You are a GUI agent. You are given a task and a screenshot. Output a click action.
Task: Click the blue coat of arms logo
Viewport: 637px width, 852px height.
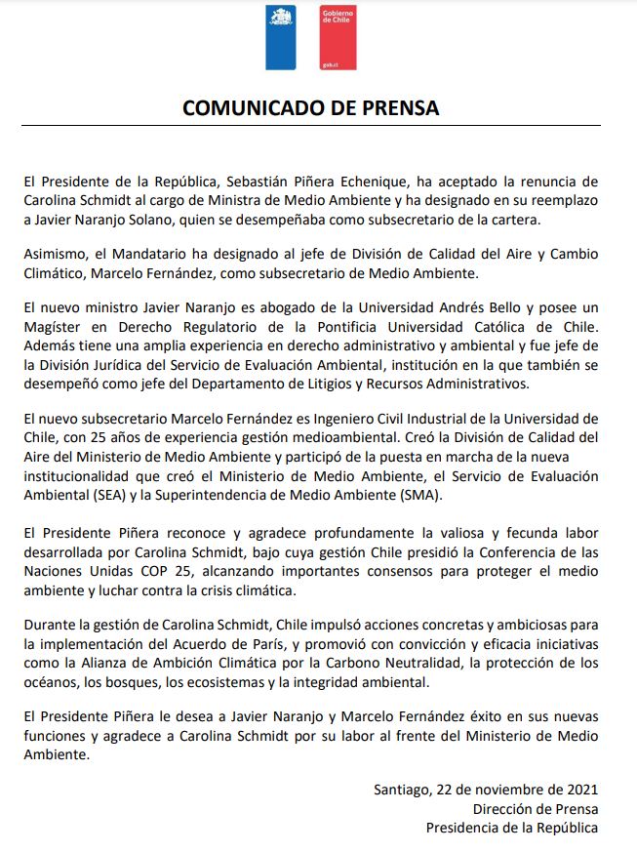281,38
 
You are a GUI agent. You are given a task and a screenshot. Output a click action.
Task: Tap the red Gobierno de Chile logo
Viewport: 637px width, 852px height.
338,38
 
